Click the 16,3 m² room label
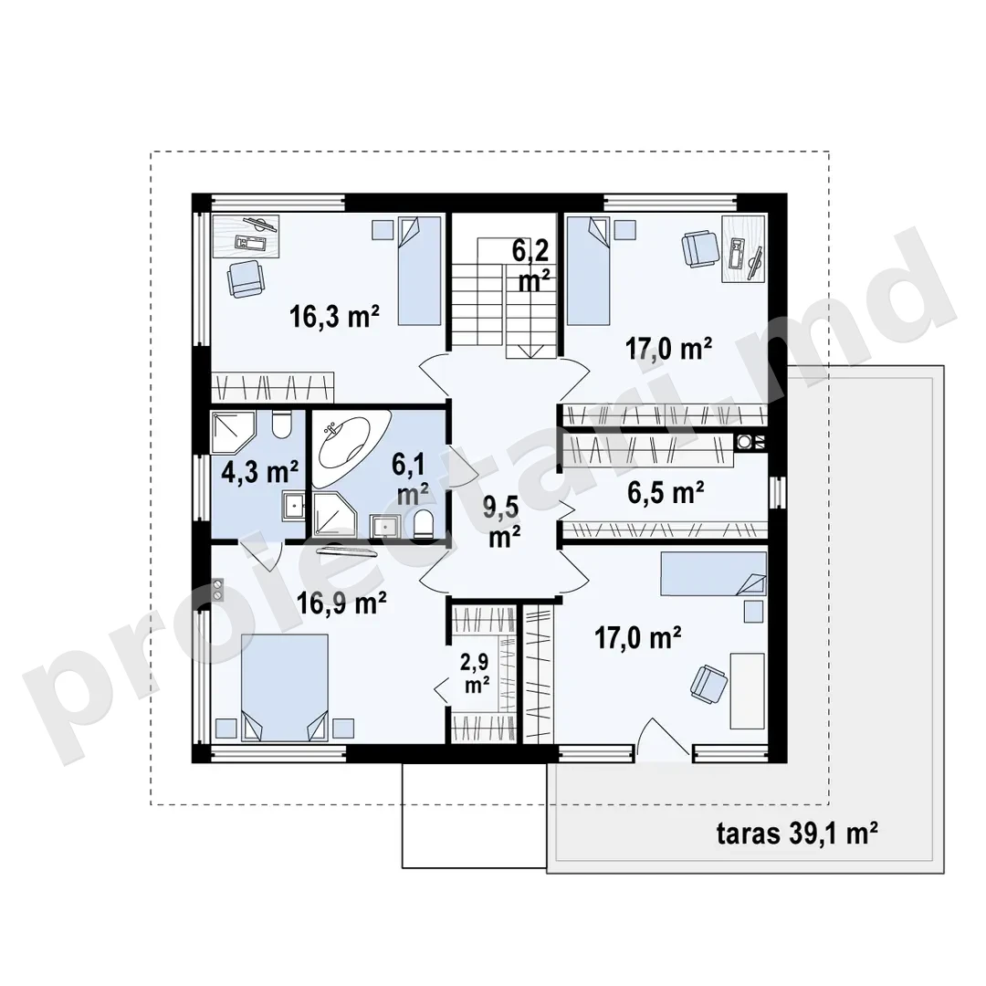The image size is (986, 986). point(334,316)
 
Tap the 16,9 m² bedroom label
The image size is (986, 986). point(341,603)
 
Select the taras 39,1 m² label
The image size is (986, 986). point(797,834)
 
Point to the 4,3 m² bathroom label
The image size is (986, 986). point(259,471)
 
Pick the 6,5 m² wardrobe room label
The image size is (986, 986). point(666,492)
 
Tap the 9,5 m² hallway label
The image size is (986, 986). point(502,521)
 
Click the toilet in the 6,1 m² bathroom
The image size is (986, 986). point(424,524)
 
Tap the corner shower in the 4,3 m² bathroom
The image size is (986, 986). point(233,433)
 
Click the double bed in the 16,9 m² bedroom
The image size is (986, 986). point(284,687)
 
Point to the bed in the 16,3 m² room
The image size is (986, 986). point(419,271)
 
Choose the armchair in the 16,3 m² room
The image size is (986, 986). point(246,279)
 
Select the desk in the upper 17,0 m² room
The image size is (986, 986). point(743,249)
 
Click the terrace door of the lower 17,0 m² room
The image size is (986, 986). point(663,739)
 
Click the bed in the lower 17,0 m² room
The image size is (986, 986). point(713,573)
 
